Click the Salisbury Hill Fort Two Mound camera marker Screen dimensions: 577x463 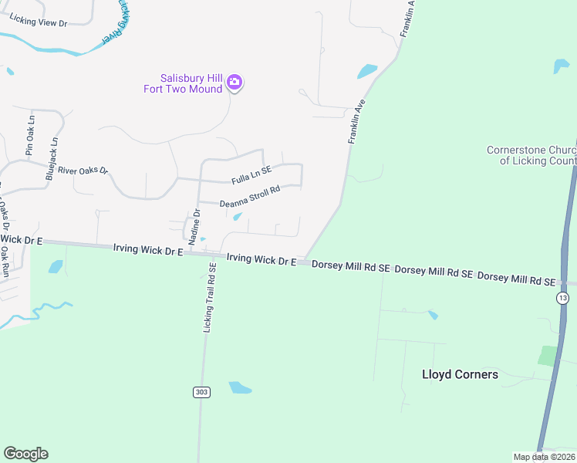(235, 83)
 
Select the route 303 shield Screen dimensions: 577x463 (201, 392)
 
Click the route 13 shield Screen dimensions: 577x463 (563, 298)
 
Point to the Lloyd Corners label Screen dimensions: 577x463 (460, 375)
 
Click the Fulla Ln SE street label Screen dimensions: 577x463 (251, 176)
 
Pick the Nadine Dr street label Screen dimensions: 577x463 (195, 223)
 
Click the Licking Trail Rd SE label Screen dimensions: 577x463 (209, 297)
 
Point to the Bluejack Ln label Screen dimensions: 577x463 (52, 159)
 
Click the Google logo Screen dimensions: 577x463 (25, 454)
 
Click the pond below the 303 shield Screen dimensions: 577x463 (240, 387)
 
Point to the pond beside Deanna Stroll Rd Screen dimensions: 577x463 (238, 216)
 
